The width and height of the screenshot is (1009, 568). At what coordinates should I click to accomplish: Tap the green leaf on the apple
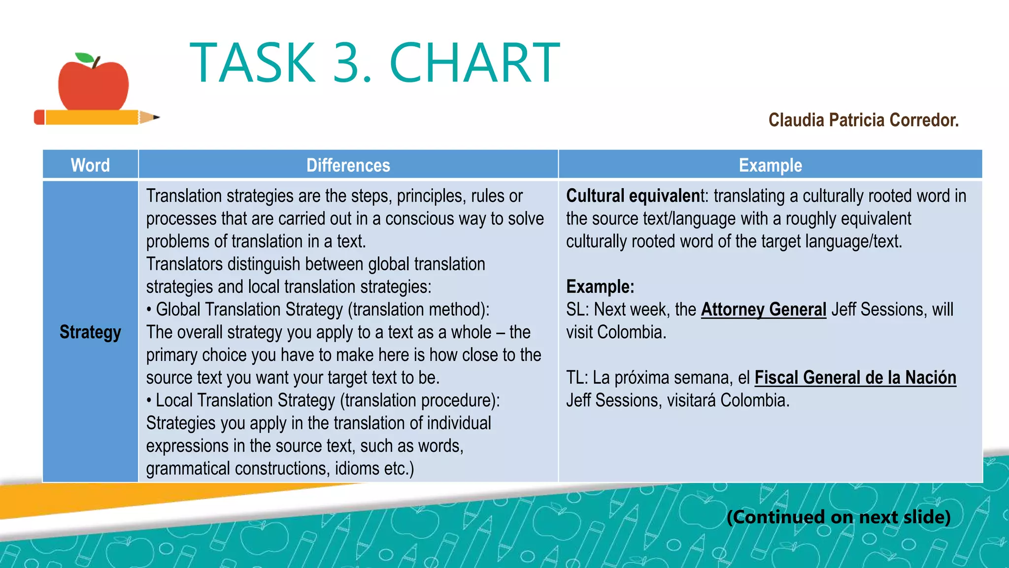(84, 58)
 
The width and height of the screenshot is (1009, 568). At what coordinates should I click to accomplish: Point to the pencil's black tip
(156, 117)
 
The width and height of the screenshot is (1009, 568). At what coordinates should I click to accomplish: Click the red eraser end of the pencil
(39, 117)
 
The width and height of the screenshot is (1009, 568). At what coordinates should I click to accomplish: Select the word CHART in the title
(474, 63)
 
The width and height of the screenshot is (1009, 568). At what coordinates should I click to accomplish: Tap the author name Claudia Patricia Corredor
(863, 120)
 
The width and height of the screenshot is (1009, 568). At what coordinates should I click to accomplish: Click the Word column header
(90, 165)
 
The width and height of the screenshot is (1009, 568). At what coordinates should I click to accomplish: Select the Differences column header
(348, 165)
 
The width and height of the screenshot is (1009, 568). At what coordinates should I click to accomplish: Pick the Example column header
(770, 165)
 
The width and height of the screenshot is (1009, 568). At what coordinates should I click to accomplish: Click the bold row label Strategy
(90, 332)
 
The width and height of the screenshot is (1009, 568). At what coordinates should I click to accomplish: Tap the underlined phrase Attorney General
(763, 310)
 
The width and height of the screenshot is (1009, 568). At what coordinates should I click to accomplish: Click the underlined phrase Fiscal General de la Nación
(855, 378)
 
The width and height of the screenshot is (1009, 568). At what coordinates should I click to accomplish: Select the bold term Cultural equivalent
(633, 196)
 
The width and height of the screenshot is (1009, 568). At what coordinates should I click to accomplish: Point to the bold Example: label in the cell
(600, 287)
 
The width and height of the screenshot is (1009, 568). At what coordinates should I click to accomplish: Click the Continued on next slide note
(839, 517)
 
